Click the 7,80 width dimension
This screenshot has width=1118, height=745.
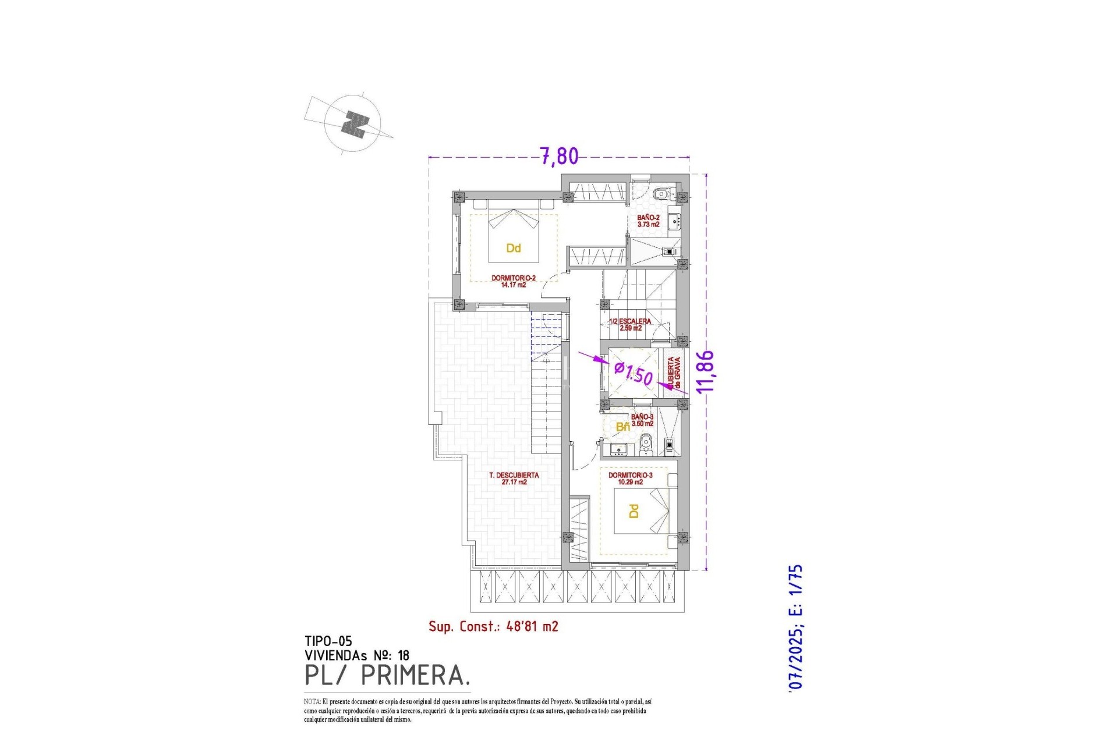tap(559, 156)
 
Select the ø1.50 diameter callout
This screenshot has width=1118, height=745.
tap(634, 373)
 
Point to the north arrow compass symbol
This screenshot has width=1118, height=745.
tap(353, 125)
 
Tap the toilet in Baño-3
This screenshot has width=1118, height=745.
tap(645, 446)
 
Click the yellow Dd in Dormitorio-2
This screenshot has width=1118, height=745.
tap(513, 249)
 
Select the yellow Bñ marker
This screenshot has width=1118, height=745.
tap(622, 427)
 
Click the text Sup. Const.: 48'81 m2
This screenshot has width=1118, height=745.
tap(493, 626)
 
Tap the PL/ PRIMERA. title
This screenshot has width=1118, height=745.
tap(387, 675)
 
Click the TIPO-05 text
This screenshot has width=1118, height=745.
tap(328, 641)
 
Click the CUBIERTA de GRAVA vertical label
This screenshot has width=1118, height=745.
tap(674, 372)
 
